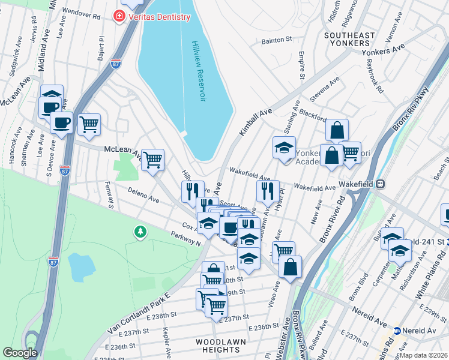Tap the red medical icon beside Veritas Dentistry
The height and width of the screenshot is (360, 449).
click(x=119, y=16)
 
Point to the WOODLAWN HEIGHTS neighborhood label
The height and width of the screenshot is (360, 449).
click(x=218, y=346)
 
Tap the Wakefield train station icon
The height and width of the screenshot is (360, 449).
click(x=380, y=185)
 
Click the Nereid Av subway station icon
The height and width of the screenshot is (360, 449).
click(x=397, y=331)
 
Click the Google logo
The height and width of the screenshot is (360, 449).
click(x=20, y=353)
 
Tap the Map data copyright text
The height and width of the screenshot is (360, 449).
click(x=424, y=355)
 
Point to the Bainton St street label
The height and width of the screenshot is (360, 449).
click(x=276, y=41)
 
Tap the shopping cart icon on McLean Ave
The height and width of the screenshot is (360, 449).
click(x=153, y=160)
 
